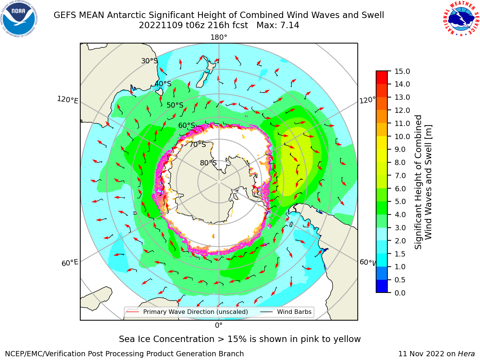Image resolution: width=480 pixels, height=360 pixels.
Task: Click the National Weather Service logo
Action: click(x=461, y=19)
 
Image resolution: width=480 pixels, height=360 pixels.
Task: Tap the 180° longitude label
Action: click(x=219, y=37)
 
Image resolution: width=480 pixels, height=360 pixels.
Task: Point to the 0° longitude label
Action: click(x=219, y=325)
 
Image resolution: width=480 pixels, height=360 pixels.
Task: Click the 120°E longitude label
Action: click(x=67, y=100)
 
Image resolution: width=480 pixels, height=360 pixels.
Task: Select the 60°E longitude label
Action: click(x=70, y=262)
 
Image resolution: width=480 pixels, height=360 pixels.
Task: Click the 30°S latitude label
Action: click(x=149, y=61)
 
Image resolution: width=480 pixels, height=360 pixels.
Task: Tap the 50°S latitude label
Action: click(x=175, y=105)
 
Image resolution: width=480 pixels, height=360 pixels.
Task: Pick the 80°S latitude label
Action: click(x=208, y=163)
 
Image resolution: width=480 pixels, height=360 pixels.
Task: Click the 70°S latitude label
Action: click(x=198, y=144)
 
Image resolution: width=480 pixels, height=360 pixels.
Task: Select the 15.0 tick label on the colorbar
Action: click(x=402, y=71)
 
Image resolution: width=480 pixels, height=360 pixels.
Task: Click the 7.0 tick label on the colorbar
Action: click(x=400, y=175)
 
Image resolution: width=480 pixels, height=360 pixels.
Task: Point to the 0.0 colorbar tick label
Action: click(x=400, y=293)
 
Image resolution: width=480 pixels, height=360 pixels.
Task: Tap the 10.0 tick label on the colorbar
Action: click(x=402, y=136)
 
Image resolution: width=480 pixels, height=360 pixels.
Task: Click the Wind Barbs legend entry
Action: click(x=286, y=312)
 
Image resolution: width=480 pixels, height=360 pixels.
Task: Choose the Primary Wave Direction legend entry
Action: click(x=187, y=312)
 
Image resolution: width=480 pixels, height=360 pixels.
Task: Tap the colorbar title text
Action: click(x=423, y=182)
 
